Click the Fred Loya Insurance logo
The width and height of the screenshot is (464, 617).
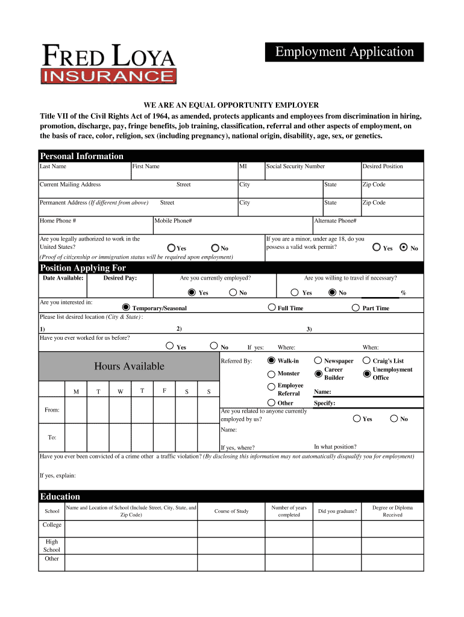coord(108,64)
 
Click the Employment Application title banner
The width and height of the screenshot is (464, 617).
coord(345,52)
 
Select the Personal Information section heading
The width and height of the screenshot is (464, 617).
coord(81,156)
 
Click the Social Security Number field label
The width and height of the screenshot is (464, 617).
coord(295,166)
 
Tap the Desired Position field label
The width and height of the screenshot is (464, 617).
coord(383,166)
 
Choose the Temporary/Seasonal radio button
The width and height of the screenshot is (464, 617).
coord(126,307)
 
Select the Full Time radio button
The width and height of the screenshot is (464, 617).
coord(271,307)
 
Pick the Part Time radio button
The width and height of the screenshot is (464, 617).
coord(356,307)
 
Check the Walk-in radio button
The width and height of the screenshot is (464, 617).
coord(271,360)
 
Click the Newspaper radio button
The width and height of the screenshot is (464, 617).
coord(318,360)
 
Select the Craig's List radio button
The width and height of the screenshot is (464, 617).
coord(367,360)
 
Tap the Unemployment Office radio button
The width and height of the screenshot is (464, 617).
coord(367,374)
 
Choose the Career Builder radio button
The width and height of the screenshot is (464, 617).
coord(318,374)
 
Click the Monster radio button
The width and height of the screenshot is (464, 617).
coord(271,374)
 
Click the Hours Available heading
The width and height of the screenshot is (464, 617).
coord(129,366)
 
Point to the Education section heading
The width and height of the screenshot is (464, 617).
coord(60,496)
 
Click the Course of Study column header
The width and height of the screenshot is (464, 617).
coord(231,512)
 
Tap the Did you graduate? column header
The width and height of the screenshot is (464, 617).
coord(337,512)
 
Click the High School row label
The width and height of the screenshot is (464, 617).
coord(52,545)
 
